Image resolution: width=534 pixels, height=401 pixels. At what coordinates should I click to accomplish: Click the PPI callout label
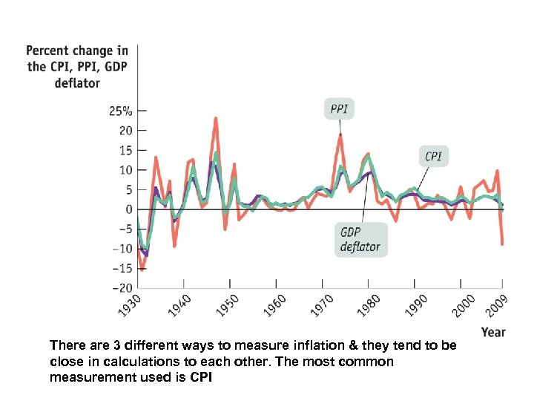[339, 110]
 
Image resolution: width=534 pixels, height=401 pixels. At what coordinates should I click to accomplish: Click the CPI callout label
[433, 157]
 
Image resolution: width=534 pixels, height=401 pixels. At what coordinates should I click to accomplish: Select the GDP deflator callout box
[360, 239]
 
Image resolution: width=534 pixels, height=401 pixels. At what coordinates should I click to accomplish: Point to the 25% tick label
[121, 111]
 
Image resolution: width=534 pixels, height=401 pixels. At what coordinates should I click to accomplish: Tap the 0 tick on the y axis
[129, 209]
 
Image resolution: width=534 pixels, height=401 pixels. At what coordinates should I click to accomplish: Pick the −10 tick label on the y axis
[122, 249]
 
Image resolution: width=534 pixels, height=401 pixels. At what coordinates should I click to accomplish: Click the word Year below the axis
[493, 332]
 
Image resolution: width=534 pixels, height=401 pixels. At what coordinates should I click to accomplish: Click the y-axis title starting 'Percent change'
[77, 67]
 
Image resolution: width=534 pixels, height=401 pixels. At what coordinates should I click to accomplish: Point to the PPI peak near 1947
[215, 118]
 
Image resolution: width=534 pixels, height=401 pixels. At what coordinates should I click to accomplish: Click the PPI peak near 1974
[340, 134]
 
